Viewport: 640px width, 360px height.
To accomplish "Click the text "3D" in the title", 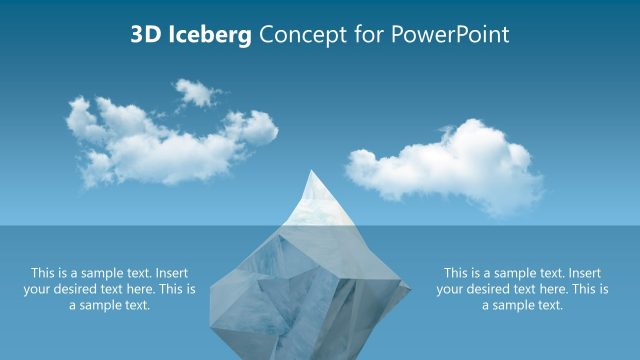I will pos(145,35).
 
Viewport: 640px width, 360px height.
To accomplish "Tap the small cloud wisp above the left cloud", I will pos(199,93).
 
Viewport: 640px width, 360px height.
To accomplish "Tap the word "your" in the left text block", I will pos(39,290).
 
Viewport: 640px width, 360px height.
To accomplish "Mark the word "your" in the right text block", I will pos(452,290).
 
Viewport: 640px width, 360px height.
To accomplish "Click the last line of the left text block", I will pos(110,306).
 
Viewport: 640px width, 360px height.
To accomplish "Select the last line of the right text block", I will pos(522,306).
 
